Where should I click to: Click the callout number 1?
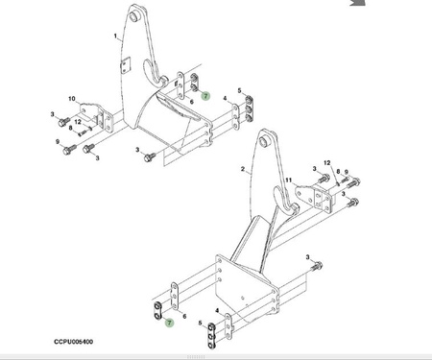(x=115, y=36)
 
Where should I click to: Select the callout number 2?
(x=243, y=169)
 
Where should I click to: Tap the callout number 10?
(x=72, y=99)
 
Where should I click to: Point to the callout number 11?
(x=289, y=180)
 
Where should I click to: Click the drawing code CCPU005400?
(x=74, y=342)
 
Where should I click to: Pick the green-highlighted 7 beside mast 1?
(x=205, y=96)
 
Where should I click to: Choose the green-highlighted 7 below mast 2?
(x=169, y=323)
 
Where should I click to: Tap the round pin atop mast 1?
(x=133, y=15)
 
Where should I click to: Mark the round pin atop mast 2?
(x=265, y=140)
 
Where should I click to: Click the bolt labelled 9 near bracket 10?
(x=69, y=150)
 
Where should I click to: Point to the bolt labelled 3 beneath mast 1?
(x=150, y=156)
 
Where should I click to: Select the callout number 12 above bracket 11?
(x=326, y=163)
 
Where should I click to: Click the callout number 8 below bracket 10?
(x=71, y=128)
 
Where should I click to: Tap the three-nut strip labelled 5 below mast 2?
(x=212, y=335)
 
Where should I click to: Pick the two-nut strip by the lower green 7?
(x=157, y=311)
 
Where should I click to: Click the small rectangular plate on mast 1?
(x=126, y=66)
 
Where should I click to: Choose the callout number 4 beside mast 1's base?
(x=226, y=98)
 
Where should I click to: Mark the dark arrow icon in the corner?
(x=358, y=3)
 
